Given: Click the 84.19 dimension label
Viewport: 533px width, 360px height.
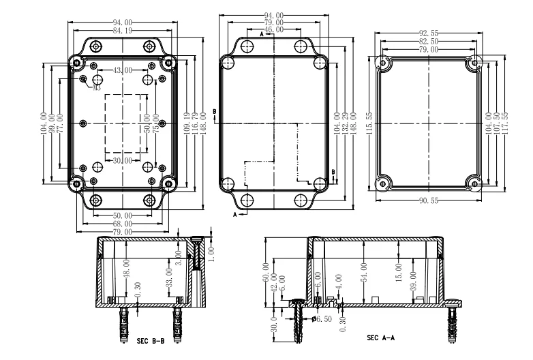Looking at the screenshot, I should [123, 31].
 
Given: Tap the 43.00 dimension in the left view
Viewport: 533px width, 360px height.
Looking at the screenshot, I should [123, 71].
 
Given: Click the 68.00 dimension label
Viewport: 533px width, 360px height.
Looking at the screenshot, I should [123, 224].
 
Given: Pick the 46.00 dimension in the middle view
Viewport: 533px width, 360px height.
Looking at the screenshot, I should [274, 30].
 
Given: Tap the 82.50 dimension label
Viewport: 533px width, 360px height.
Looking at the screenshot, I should [429, 42].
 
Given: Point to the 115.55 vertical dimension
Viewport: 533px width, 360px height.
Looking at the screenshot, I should [369, 123].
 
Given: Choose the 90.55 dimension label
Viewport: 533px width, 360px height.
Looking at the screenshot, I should [429, 200].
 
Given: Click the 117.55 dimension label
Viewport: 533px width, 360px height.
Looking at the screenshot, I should [505, 123].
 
